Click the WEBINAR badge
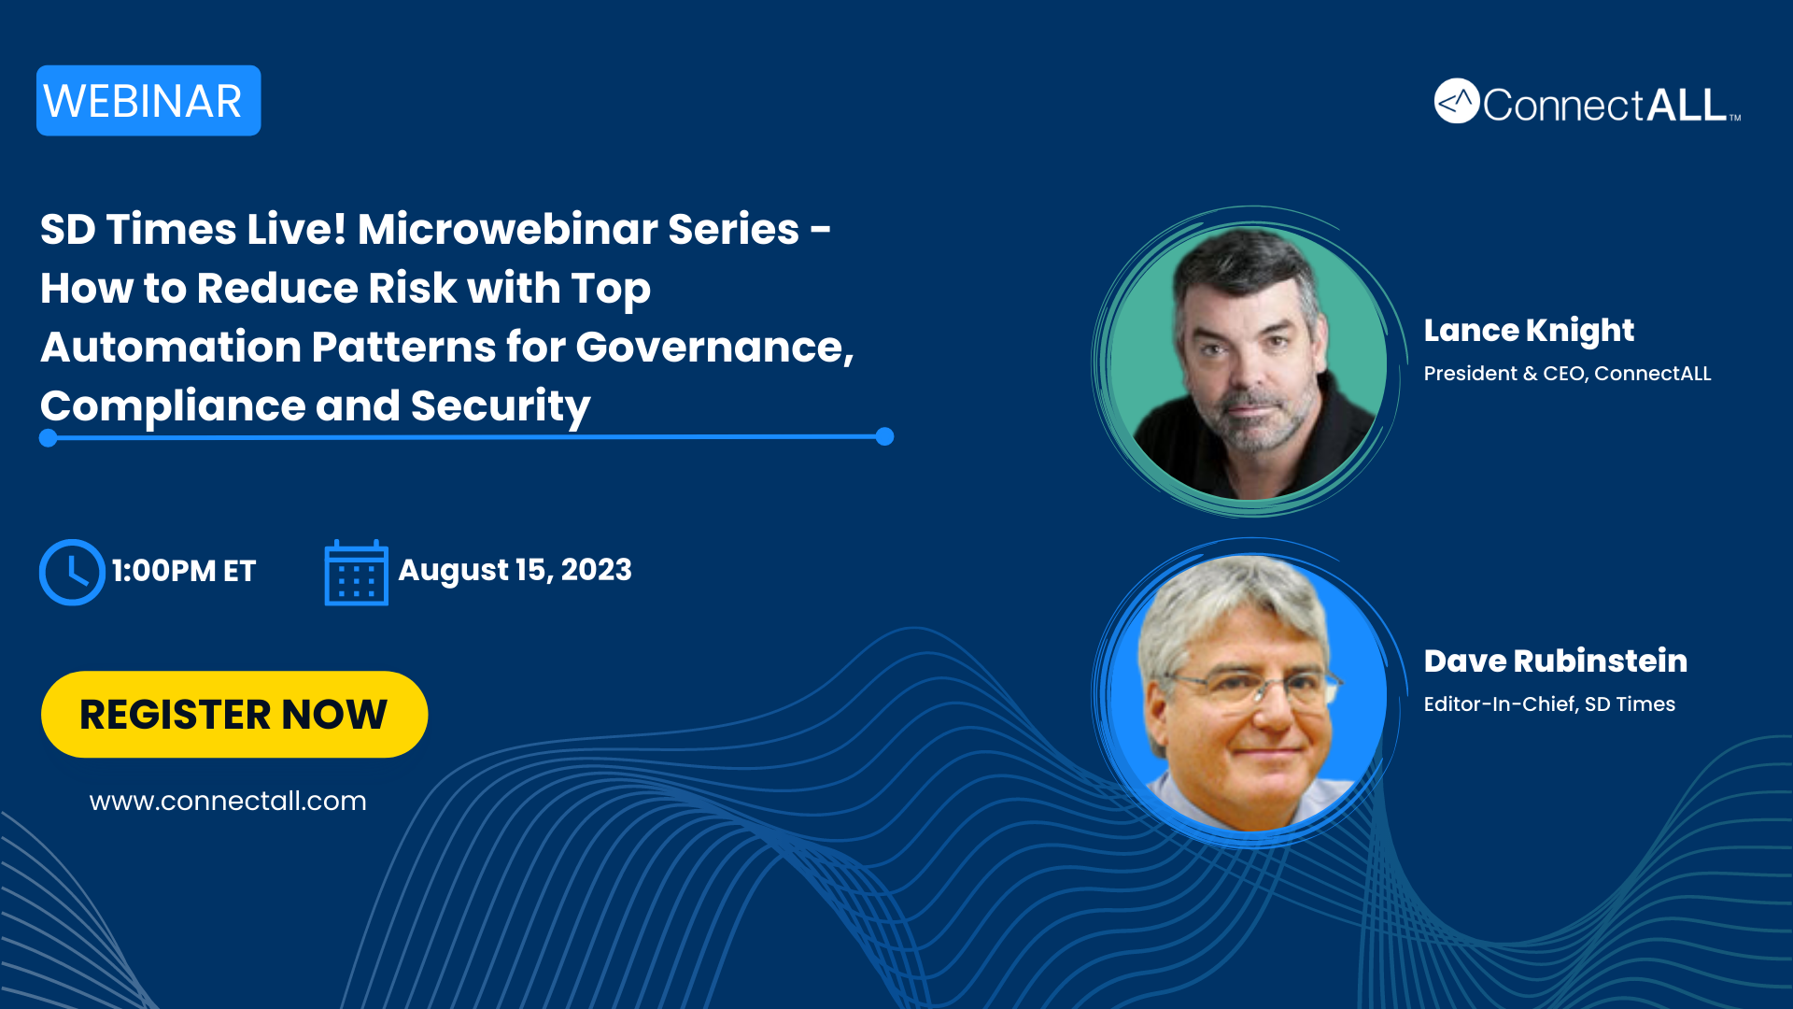point(148,101)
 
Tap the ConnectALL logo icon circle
point(1457,101)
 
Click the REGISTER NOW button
point(234,715)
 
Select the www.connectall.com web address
point(228,802)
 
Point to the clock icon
point(72,572)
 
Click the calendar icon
point(356,573)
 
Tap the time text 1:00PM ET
point(184,571)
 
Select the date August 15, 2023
point(515,570)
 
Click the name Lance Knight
point(1529,331)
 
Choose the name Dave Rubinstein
point(1556,661)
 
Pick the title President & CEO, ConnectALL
point(1567,374)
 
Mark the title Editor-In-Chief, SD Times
point(1549,704)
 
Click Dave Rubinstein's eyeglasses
point(1251,689)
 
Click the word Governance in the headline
point(714,348)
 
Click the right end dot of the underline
point(885,436)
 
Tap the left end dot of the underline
point(49,438)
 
